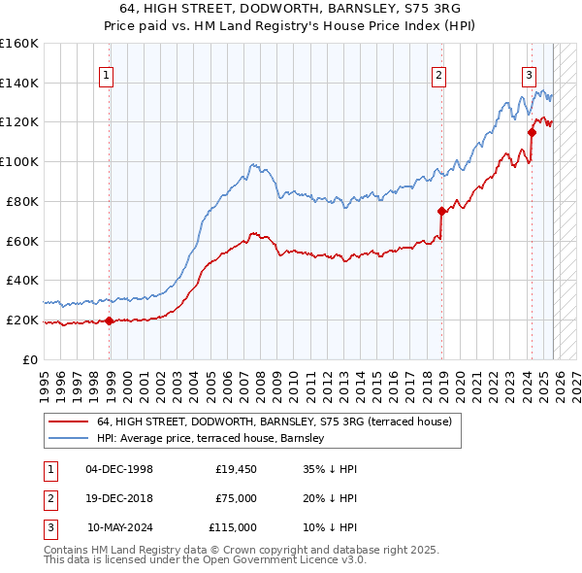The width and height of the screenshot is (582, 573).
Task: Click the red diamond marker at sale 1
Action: [109, 320]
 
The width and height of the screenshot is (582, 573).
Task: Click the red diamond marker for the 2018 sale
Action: [441, 210]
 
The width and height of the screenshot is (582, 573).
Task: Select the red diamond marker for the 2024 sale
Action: [532, 132]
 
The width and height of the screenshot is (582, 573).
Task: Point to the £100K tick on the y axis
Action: [19, 161]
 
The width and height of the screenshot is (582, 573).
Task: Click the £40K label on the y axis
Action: [22, 281]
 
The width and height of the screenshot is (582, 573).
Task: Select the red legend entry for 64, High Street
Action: [274, 421]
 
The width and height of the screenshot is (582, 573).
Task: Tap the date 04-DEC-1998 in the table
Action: [119, 469]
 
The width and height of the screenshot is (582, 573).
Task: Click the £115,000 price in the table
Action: [233, 527]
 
